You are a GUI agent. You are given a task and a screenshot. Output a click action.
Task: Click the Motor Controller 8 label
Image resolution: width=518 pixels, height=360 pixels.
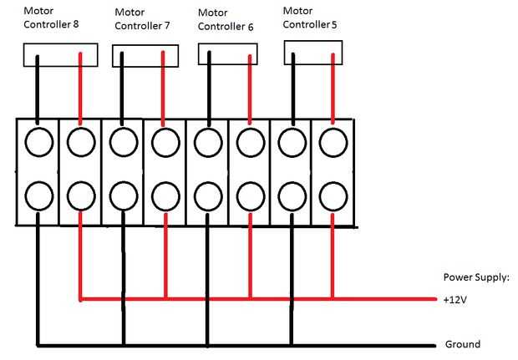click(51, 18)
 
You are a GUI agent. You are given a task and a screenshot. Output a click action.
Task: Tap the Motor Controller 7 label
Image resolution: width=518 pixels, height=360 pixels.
click(142, 19)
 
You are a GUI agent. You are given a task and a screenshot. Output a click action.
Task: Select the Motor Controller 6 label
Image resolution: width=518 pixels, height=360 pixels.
click(226, 20)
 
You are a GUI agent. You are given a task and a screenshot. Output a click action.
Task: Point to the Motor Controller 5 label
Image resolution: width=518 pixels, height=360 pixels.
click(310, 18)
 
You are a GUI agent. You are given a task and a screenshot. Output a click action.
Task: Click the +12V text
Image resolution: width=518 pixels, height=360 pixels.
click(455, 300)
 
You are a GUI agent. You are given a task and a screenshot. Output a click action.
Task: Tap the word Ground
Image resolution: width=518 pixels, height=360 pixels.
click(463, 344)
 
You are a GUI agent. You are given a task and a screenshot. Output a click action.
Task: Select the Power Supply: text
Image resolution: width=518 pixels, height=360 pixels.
click(476, 277)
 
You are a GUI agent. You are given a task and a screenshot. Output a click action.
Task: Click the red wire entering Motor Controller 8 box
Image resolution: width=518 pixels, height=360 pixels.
click(80, 89)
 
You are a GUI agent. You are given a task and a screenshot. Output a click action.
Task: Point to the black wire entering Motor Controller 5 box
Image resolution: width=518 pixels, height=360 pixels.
click(293, 89)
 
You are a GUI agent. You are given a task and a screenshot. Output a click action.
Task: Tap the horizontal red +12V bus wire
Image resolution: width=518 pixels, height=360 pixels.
click(258, 299)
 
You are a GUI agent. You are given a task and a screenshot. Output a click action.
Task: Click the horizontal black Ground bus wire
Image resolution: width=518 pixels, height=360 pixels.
click(236, 346)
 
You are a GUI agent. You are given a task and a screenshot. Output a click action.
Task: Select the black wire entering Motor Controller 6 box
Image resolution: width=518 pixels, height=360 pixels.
click(209, 89)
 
